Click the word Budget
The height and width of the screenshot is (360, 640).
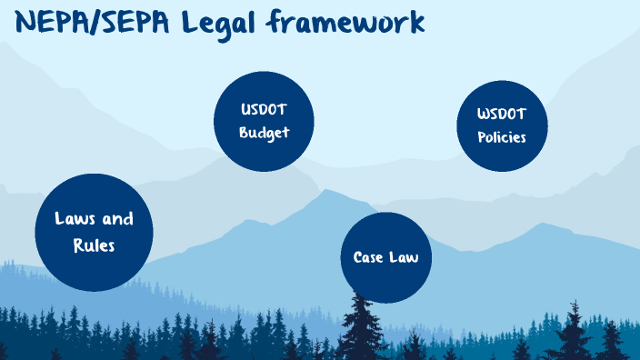[264, 133]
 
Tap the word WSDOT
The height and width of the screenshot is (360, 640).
[502, 115]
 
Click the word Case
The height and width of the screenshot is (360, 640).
[368, 257]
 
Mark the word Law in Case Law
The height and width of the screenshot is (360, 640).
[405, 257]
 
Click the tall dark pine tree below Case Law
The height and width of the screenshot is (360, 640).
[364, 327]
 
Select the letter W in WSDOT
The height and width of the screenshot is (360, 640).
[484, 115]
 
